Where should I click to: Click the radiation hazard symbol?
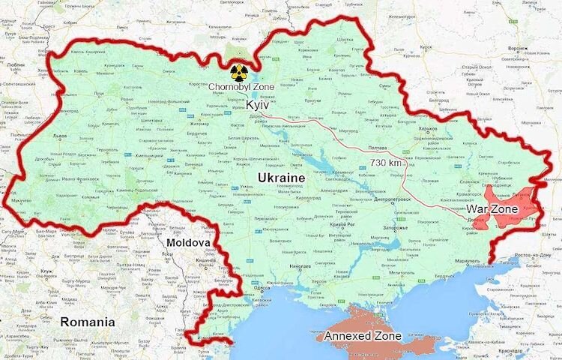coord(238,72)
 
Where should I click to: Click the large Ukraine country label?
coord(281,177)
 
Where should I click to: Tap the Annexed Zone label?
coord(362,335)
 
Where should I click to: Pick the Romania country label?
coord(87,322)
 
